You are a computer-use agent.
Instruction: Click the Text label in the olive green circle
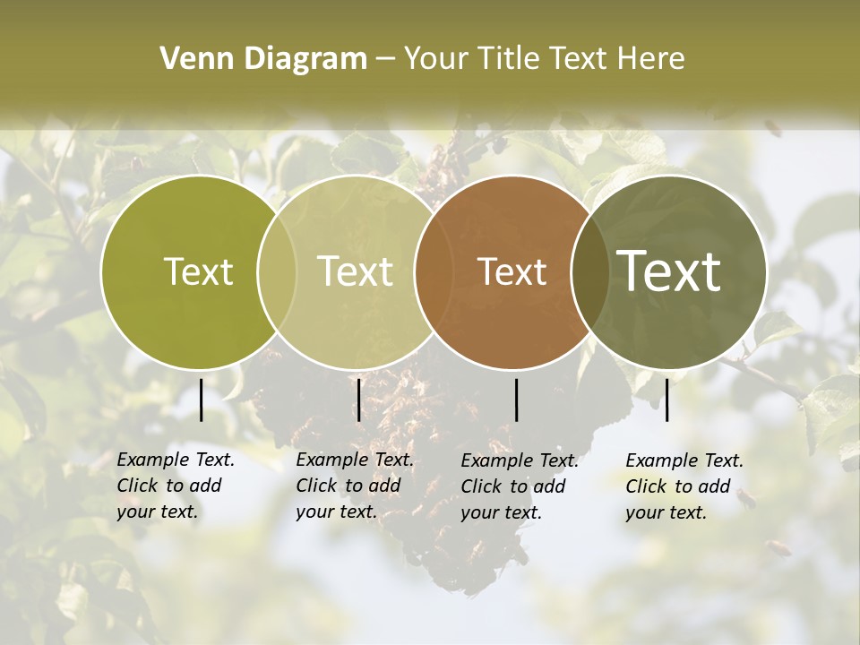pyautogui.click(x=198, y=271)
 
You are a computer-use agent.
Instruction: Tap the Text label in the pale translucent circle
pyautogui.click(x=356, y=271)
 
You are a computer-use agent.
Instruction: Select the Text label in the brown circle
pyautogui.click(x=512, y=271)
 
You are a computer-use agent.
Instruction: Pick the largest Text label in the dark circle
pyautogui.click(x=669, y=271)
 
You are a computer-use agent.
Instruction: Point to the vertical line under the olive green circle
pyautogui.click(x=202, y=400)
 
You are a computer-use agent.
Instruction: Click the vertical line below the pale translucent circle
pyautogui.click(x=358, y=400)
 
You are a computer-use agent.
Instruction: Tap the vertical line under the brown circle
pyautogui.click(x=516, y=400)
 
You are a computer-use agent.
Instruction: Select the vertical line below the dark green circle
pyautogui.click(x=666, y=400)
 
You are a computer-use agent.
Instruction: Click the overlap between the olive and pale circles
pyautogui.click(x=277, y=271)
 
